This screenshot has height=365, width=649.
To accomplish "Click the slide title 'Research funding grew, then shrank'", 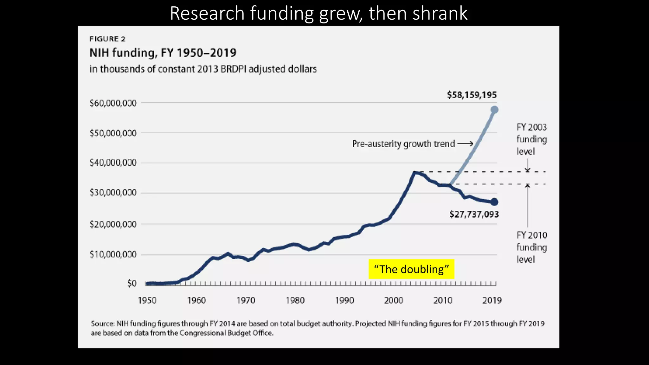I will click(x=318, y=13).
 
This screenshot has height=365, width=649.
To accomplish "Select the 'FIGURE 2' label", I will click(x=107, y=39).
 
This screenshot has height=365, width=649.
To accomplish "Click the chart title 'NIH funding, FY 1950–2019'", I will click(x=163, y=53).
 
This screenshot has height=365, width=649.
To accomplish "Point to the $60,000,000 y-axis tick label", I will click(x=113, y=103).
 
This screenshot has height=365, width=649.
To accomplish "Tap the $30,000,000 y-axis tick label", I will click(x=113, y=193).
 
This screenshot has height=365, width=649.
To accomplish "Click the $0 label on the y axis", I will click(x=132, y=283).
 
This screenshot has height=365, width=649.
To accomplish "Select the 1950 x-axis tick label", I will click(x=147, y=300).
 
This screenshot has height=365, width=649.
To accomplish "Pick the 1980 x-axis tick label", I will click(x=295, y=300).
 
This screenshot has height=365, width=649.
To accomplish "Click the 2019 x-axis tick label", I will click(x=492, y=300).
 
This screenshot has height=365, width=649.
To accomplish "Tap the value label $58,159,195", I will click(x=472, y=95).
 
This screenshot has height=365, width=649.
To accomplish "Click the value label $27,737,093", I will click(x=474, y=214).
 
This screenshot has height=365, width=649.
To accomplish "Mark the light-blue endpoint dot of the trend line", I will click(x=494, y=110).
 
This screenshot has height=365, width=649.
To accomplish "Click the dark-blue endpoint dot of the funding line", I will click(x=494, y=202).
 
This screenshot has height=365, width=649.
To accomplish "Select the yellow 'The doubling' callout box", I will click(x=411, y=269).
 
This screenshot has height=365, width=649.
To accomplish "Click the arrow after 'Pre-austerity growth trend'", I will click(x=465, y=144).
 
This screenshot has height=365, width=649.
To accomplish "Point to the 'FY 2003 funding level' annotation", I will click(x=531, y=139).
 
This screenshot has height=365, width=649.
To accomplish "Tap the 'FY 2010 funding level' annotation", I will click(x=531, y=247).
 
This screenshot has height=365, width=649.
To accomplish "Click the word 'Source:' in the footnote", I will click(x=103, y=323).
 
